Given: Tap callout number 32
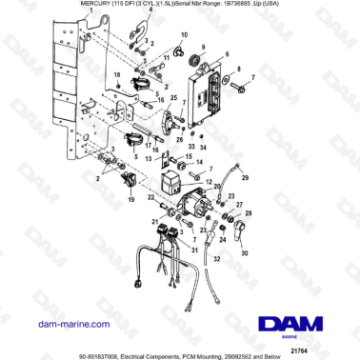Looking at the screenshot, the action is (x=220, y=257).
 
